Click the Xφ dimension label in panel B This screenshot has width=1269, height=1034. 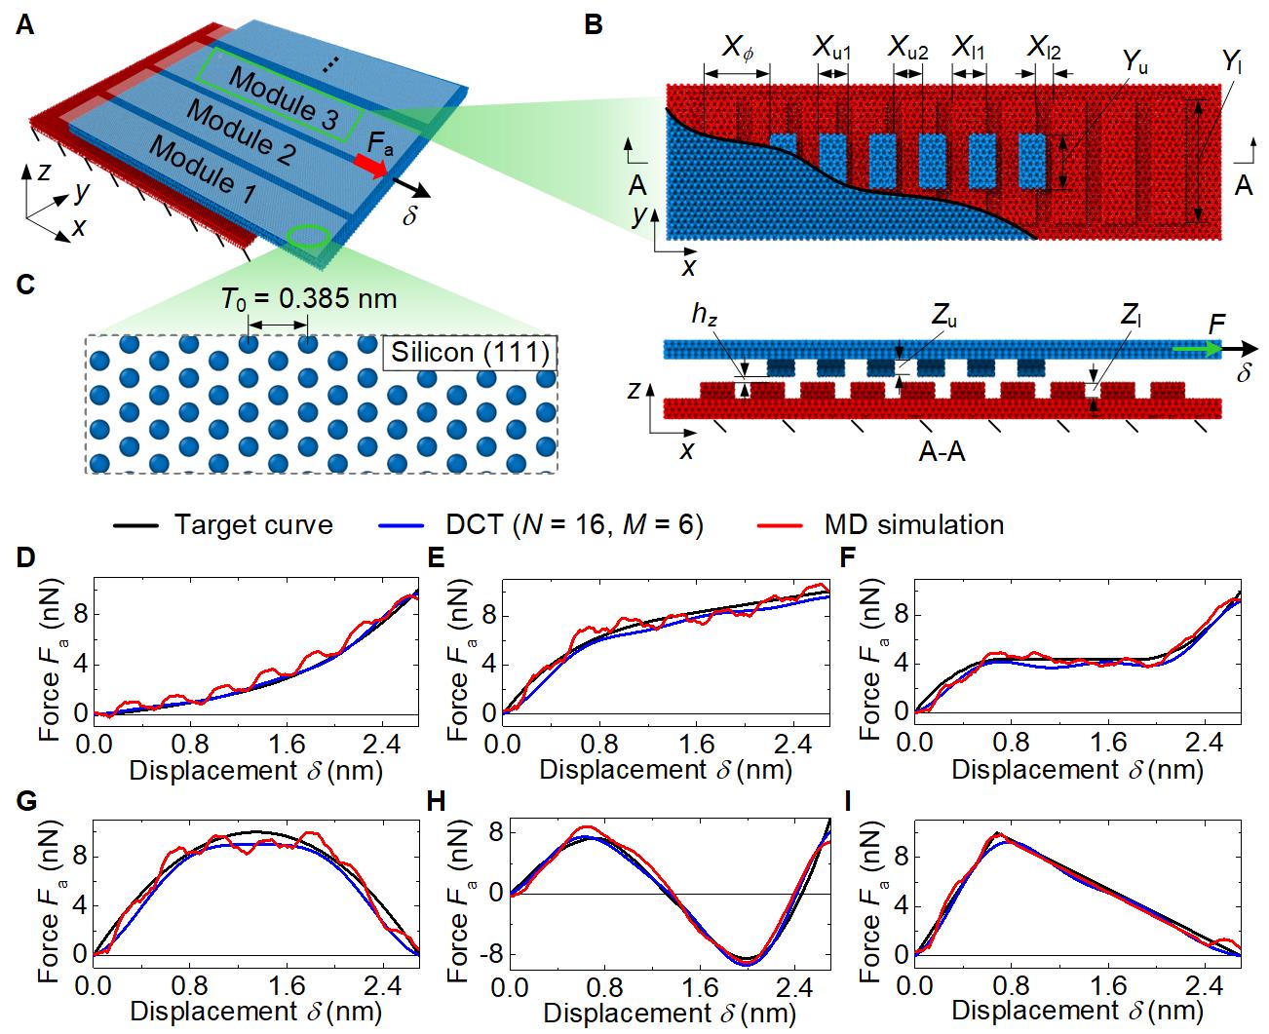pos(738,48)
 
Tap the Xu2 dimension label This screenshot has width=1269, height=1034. pos(907,47)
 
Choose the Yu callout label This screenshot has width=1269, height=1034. pos(1134,64)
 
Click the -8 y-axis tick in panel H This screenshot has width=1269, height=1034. pos(490,953)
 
